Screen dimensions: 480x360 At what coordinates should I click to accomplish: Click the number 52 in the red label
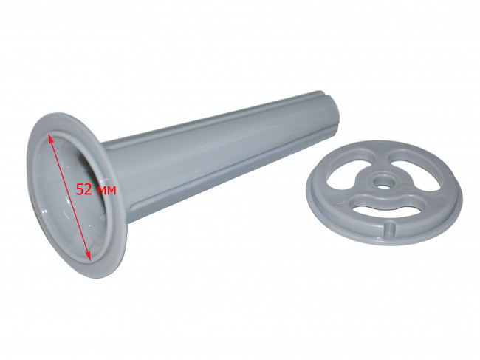[x=84, y=190]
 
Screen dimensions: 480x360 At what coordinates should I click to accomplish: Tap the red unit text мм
[x=106, y=191]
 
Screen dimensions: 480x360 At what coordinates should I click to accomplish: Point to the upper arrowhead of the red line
[x=50, y=138]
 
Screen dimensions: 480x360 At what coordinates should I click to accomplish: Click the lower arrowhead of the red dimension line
[x=88, y=256]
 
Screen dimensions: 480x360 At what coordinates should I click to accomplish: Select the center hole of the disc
[x=382, y=186]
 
